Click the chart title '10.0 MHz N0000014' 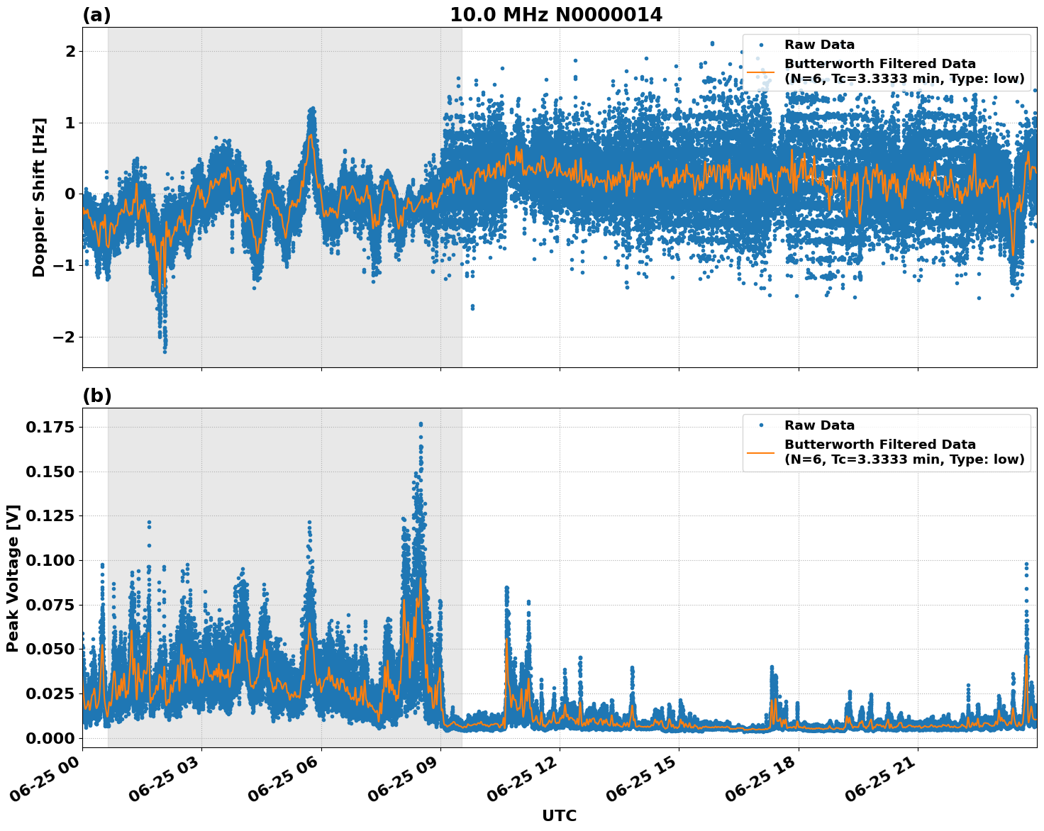(x=555, y=15)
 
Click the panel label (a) (x=96, y=15)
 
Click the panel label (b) (x=96, y=396)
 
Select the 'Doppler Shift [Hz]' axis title (x=39, y=197)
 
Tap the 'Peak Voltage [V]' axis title (x=13, y=578)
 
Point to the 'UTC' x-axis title (x=559, y=815)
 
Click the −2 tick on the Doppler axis (x=64, y=337)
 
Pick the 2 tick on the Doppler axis (x=70, y=52)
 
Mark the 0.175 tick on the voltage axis (x=50, y=427)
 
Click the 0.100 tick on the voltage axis (x=50, y=560)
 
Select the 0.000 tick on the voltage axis (x=50, y=738)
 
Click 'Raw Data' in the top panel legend (x=819, y=45)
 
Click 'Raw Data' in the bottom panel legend (x=819, y=425)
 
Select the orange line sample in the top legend (x=760, y=72)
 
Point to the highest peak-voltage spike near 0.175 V (x=421, y=424)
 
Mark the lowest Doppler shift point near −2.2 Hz (x=165, y=351)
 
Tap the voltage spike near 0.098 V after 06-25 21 (x=1026, y=564)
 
